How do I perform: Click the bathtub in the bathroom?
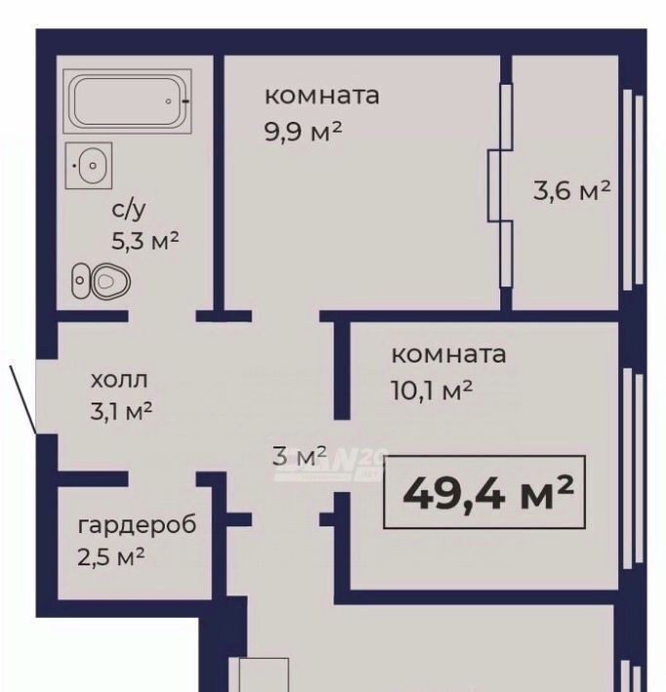(127, 101)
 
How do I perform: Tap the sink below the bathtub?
(89, 166)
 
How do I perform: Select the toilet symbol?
(101, 281)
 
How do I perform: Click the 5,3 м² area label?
(145, 241)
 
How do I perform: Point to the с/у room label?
(129, 210)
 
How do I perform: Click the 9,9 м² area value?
(303, 131)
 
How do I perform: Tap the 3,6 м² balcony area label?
(572, 191)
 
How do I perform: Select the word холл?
(119, 380)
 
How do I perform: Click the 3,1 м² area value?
(121, 411)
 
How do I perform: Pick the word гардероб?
(137, 525)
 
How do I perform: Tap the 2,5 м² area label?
(111, 557)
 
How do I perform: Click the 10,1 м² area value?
(432, 390)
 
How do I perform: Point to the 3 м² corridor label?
(299, 455)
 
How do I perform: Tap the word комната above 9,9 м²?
(322, 96)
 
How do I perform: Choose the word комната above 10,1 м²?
(449, 355)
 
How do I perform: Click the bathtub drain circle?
(169, 101)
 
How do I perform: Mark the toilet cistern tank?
(80, 281)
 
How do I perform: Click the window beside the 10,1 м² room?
(633, 468)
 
